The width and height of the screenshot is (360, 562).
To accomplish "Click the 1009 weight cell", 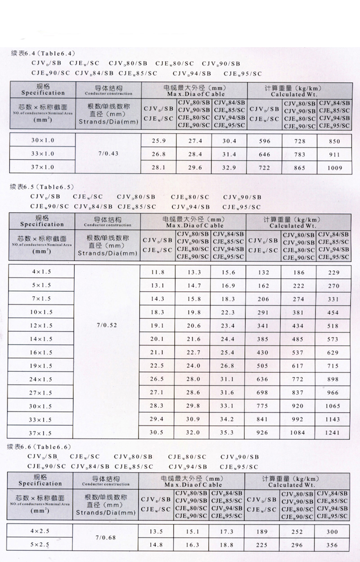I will point(334,168).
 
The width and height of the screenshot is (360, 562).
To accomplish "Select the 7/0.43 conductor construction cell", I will point(108,154).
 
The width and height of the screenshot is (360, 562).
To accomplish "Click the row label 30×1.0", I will point(43,140).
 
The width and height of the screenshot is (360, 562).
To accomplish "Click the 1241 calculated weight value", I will point(333,433).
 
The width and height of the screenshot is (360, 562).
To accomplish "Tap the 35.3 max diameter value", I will point(228,433).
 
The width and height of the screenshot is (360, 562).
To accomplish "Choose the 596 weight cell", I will point(265,141).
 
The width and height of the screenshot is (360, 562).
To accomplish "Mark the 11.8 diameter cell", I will point(157,272).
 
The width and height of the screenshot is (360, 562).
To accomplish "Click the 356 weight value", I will point(332,545).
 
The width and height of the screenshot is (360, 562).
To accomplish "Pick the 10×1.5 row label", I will point(41,312).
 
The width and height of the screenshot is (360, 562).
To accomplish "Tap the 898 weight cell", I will point(333,379).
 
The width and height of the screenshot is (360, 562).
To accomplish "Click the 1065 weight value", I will point(333,406).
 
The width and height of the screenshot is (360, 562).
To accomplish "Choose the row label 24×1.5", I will point(41,379).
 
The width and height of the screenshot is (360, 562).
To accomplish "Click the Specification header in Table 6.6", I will point(40,483).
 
